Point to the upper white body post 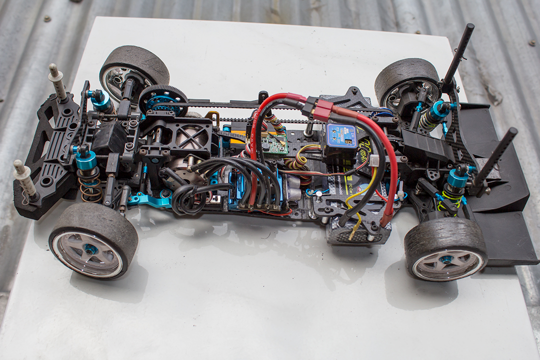57,82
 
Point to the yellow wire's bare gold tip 354,231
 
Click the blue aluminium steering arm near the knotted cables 148,200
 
